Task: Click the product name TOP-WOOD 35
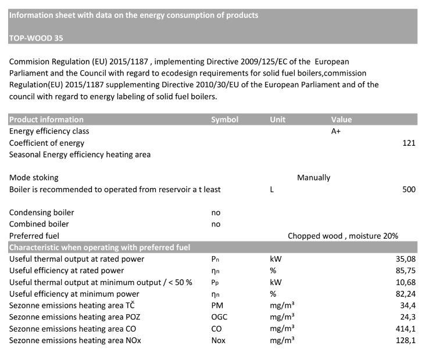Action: click(36, 38)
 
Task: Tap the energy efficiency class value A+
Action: click(336, 131)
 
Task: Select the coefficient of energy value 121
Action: click(409, 143)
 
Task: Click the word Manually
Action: click(313, 178)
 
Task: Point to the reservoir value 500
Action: click(409, 189)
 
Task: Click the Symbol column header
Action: click(224, 120)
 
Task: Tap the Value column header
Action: click(341, 120)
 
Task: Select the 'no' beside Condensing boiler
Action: click(216, 213)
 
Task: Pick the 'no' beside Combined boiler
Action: click(216, 224)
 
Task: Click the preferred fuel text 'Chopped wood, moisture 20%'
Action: click(343, 236)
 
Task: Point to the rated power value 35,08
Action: click(406, 259)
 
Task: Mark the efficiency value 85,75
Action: click(406, 271)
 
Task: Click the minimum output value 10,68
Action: click(406, 282)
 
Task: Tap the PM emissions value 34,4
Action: click(407, 305)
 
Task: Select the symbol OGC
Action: click(220, 317)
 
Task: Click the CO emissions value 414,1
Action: click(406, 329)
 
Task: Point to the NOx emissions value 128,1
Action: click(406, 340)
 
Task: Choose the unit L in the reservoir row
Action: click(271, 189)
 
